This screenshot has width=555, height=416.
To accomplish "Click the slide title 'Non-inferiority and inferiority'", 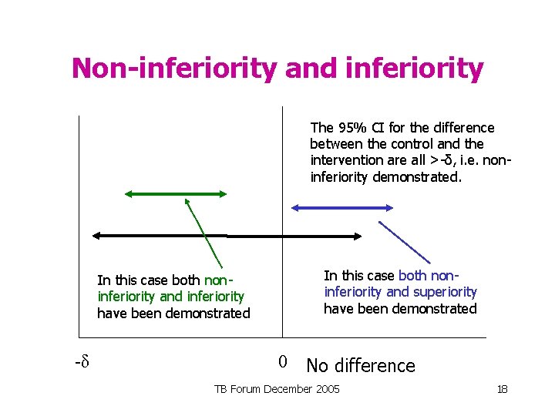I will pos(277,69).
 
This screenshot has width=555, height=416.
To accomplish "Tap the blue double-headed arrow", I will pos(341,207).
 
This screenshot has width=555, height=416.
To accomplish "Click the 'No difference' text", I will pos(360,365).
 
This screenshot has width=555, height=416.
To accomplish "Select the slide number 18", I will pos(502,390).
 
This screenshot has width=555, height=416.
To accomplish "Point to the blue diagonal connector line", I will pos(404,242).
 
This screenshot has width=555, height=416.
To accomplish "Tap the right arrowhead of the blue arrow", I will pos(389,207).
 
